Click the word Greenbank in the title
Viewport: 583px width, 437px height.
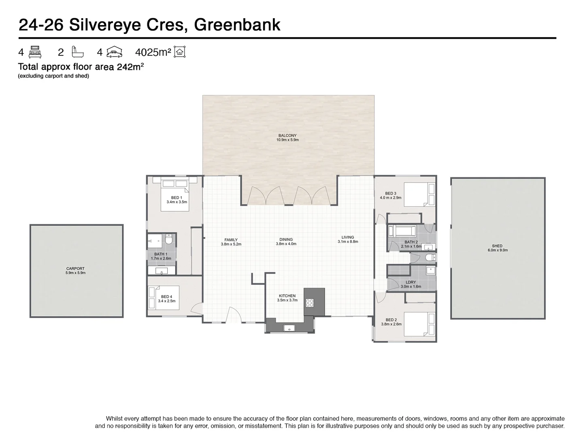point(237,25)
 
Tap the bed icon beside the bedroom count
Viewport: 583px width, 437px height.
point(35,52)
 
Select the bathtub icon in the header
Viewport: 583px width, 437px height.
point(77,52)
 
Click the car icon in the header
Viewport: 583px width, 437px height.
point(114,52)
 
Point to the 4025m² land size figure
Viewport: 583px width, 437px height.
point(153,52)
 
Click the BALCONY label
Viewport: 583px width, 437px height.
point(287,136)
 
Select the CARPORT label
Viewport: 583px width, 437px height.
point(75,268)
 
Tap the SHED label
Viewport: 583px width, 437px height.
point(497,246)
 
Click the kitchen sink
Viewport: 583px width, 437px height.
point(289,328)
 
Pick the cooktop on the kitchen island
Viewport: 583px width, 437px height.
point(310,302)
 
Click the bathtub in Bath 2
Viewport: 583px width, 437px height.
point(402,231)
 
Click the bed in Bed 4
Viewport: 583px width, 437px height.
point(164,298)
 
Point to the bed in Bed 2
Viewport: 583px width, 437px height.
point(419,324)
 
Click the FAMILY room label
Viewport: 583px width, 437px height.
point(231,240)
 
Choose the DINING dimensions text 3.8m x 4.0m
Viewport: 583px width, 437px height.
point(286,244)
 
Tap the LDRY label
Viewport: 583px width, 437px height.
point(411,282)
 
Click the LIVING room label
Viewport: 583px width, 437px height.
point(348,237)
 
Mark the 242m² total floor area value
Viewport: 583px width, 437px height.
point(130,67)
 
